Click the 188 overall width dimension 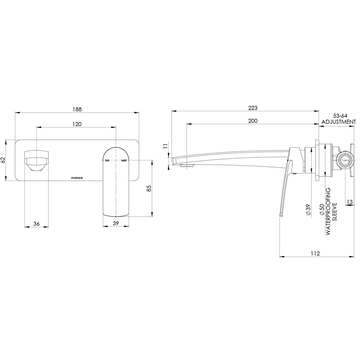[x=77, y=109]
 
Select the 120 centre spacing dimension [x=77, y=124]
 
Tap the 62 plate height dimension [x=4, y=160]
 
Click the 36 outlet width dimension [x=37, y=224]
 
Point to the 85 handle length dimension [x=149, y=188]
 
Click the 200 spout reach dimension [x=253, y=121]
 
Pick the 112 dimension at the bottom [x=315, y=253]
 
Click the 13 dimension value [x=350, y=201]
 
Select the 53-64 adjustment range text [x=338, y=115]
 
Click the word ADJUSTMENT [x=338, y=122]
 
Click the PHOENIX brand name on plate [x=79, y=178]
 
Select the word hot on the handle [x=107, y=160]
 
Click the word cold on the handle [x=124, y=160]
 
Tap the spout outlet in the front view [x=36, y=161]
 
